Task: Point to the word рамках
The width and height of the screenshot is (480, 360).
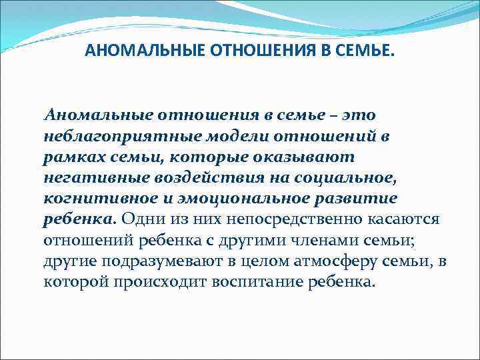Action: [69, 159]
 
